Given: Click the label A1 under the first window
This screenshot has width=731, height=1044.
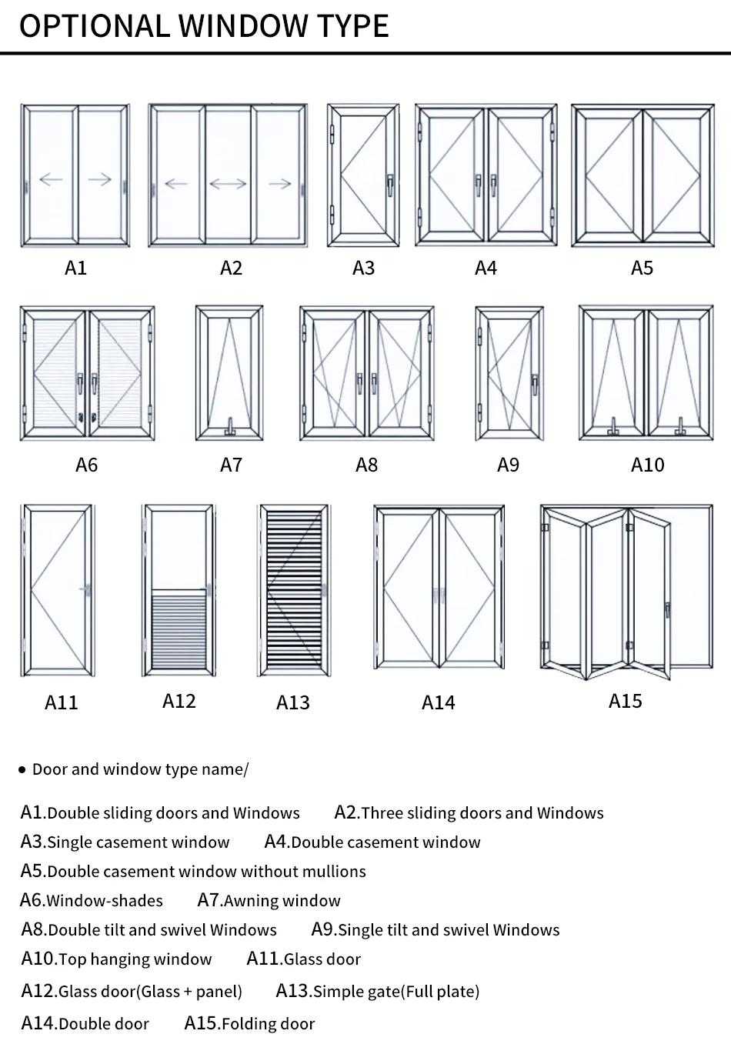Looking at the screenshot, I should [75, 268].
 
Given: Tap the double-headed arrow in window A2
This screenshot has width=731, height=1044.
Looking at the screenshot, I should [228, 183].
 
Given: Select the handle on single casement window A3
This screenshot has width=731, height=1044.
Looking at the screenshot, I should [390, 183].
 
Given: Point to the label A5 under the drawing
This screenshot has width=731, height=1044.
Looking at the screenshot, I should [642, 268].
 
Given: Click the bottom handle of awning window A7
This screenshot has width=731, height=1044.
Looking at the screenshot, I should [230, 427].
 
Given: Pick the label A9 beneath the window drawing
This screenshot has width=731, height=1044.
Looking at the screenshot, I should [508, 465].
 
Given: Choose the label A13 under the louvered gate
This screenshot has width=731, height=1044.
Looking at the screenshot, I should [292, 702].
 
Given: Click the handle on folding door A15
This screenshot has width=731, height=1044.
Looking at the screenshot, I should [668, 611].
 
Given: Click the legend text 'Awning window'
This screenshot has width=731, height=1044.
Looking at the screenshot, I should [282, 901].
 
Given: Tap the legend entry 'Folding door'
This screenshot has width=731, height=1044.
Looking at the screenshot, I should [268, 1024].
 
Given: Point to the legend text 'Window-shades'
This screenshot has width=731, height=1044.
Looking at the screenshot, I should [104, 901].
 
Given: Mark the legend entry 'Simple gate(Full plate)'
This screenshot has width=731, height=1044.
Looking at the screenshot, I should [396, 992].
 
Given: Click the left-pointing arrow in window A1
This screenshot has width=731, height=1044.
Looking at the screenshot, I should [51, 179].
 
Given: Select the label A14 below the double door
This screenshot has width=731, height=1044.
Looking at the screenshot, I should [438, 702].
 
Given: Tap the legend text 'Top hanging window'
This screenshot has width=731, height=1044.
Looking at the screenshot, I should [135, 959].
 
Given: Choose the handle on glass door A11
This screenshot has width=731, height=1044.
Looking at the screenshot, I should [87, 590].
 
